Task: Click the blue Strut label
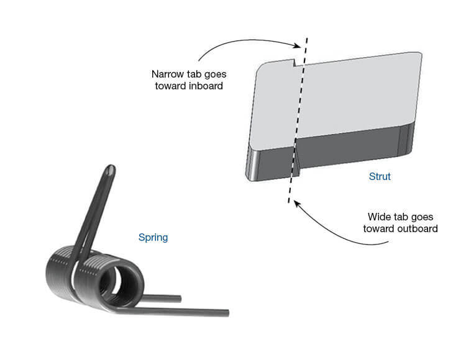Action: point(380,177)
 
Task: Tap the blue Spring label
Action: point(153,237)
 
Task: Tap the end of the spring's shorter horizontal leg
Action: point(178,299)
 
